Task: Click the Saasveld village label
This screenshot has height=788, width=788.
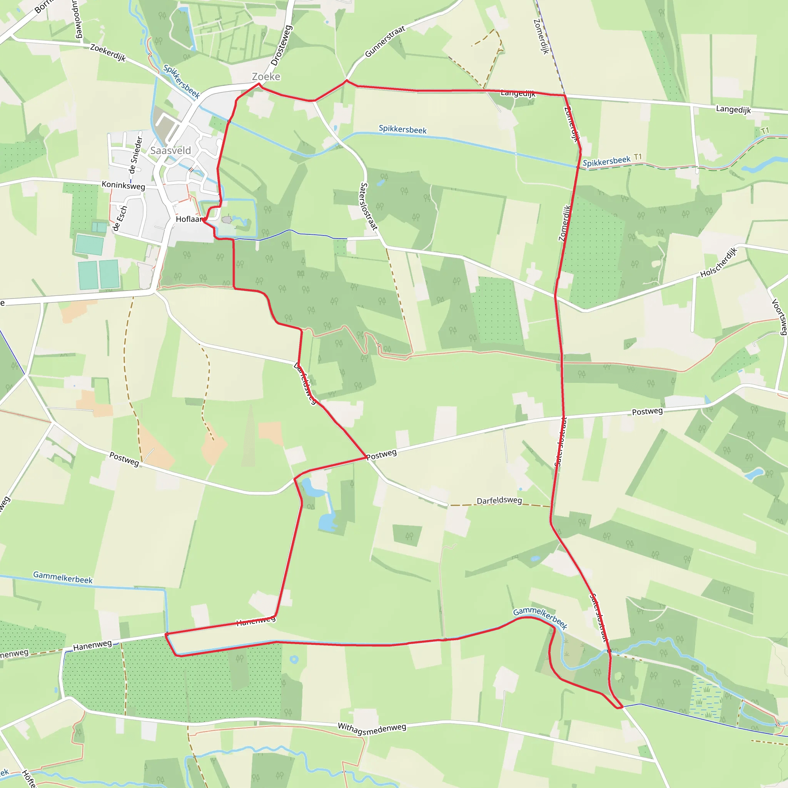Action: click(170, 150)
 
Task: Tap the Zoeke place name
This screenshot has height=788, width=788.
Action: click(266, 77)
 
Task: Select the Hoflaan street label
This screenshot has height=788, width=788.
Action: click(189, 219)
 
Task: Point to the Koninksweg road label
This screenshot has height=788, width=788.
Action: click(123, 185)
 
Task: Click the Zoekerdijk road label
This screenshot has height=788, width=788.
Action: click(108, 53)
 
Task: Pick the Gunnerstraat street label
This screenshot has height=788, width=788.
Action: click(385, 41)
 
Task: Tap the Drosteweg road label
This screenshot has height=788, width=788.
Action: click(281, 45)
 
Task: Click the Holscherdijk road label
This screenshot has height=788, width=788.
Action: click(719, 262)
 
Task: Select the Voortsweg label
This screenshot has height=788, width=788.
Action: click(779, 317)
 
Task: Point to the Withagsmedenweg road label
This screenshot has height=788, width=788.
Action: click(372, 728)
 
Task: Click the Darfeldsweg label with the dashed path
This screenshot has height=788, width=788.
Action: click(499, 501)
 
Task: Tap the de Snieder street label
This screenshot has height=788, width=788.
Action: click(135, 155)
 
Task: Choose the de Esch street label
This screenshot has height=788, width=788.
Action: click(120, 218)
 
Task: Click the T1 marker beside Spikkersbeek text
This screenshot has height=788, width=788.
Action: click(638, 157)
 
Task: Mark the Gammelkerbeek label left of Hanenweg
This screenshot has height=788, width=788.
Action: click(63, 578)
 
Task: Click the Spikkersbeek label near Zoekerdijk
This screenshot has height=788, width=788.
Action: click(181, 81)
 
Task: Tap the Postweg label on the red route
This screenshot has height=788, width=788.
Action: click(381, 454)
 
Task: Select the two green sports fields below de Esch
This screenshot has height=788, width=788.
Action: click(99, 274)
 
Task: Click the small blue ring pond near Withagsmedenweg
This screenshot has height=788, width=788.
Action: click(294, 659)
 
